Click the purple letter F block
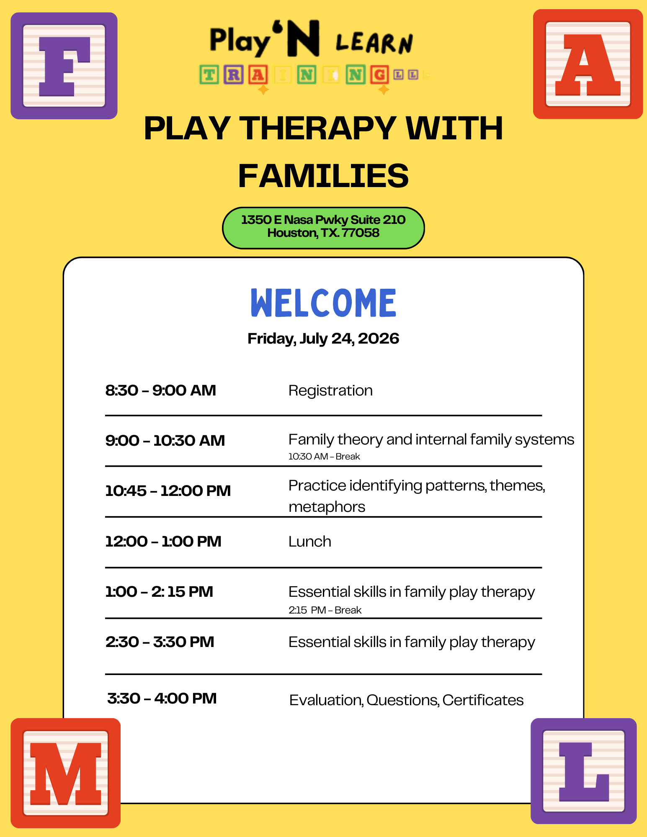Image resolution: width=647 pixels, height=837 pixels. tap(64, 66)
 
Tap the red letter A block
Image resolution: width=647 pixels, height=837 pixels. tap(588, 64)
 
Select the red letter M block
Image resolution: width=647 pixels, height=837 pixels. tap(65, 773)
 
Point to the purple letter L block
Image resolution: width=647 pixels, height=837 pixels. tap(583, 771)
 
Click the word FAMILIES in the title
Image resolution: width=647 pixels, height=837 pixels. tap(323, 176)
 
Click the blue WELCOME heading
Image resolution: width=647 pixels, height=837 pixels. tap(323, 303)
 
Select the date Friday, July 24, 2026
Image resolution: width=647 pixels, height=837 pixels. tap(323, 339)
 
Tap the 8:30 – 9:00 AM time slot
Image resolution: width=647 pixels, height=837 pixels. tap(160, 390)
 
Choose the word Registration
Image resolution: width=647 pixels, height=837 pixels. tap(330, 390)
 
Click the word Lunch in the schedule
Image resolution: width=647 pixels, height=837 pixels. tap(309, 542)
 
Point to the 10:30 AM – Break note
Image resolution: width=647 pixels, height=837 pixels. tap(324, 456)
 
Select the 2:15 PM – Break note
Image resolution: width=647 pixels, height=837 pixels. tap(325, 610)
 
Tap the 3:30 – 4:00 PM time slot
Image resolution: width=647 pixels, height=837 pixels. tap(162, 698)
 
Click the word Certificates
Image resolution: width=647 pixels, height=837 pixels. tap(483, 700)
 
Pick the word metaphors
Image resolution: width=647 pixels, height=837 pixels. tap(327, 507)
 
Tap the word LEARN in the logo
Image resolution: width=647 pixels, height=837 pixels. tap(374, 43)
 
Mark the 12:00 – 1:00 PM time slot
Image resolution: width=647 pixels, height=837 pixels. tap(163, 542)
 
